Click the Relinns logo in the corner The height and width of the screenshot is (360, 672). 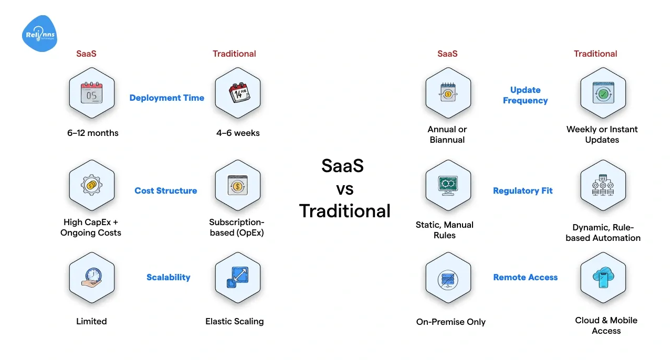[x=40, y=34]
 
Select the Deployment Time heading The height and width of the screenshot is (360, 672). [x=166, y=98]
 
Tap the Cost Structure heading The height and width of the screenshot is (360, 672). [x=165, y=190]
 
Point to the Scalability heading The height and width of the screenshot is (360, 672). [x=168, y=277]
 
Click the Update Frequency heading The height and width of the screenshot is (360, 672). [x=525, y=95]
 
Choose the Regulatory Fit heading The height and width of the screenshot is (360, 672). [x=522, y=190]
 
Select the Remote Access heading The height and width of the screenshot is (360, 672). [x=525, y=277]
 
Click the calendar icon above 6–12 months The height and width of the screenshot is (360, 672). [x=91, y=92]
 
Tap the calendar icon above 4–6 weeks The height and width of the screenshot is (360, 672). [x=238, y=92]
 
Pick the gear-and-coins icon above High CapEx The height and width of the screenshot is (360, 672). [x=91, y=185]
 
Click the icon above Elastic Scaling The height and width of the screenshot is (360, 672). [x=238, y=277]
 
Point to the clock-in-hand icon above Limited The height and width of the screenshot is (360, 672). [x=91, y=277]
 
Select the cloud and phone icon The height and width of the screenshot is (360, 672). [x=603, y=277]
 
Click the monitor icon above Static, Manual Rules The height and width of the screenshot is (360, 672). [x=448, y=185]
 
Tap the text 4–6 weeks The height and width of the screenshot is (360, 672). [x=238, y=133]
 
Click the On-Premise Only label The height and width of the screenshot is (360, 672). [x=450, y=322]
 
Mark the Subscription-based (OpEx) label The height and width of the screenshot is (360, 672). [x=237, y=227]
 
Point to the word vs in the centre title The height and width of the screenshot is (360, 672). [x=344, y=188]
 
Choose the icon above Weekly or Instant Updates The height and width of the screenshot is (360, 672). [x=603, y=92]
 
